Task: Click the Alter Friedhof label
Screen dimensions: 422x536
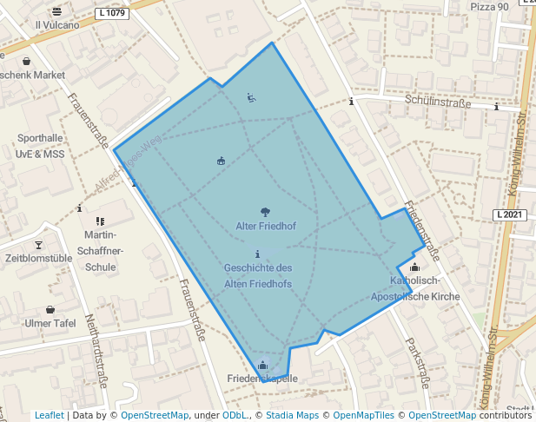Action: pos(266,227)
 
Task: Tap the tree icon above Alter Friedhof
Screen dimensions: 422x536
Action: pos(265,211)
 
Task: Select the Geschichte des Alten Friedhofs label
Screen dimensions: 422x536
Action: pos(258,276)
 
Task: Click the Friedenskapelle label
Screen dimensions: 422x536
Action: pos(262,379)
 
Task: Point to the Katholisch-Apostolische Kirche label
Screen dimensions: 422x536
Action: pos(415,289)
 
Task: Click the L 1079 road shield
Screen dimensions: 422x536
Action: pos(113,13)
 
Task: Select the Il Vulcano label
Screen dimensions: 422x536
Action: pos(57,25)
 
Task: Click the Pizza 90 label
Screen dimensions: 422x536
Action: pos(489,7)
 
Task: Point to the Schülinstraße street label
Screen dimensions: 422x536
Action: pos(438,102)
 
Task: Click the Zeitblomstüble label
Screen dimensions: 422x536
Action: pos(38,259)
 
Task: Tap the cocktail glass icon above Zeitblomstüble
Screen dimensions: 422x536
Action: pos(38,246)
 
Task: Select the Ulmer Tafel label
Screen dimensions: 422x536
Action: pos(50,324)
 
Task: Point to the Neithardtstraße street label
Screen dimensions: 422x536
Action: pos(100,347)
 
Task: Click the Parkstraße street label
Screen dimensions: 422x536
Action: pos(417,364)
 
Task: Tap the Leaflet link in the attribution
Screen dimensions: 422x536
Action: pos(49,416)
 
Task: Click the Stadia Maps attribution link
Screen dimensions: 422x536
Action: pos(294,416)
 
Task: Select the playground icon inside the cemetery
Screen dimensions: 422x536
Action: pos(250,98)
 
